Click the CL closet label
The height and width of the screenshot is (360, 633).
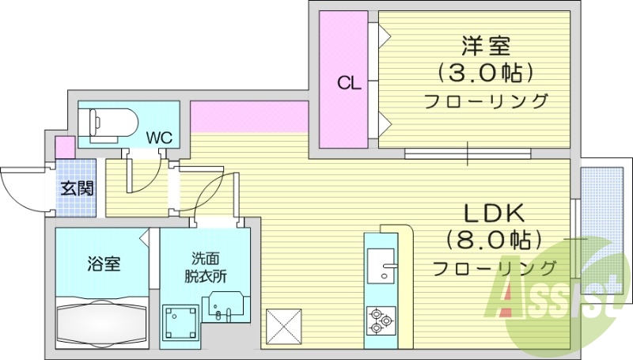click(x=349, y=82)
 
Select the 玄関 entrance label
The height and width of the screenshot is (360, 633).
click(x=77, y=188)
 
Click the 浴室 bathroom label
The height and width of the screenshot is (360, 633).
click(x=103, y=263)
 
